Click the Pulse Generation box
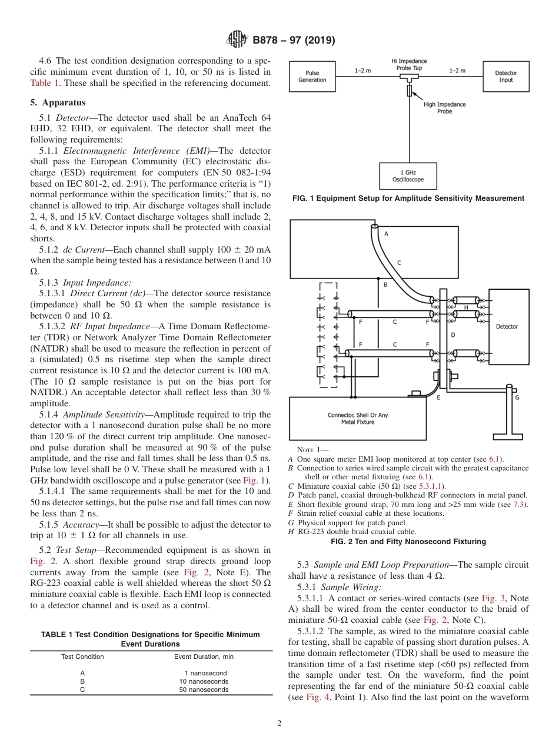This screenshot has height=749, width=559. tap(312, 77)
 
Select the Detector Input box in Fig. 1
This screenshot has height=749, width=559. tap(505, 77)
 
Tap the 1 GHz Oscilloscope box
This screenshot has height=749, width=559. tap(408, 176)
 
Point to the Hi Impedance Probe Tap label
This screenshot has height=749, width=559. tap(409, 65)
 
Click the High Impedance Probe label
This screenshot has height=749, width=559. tap(444, 108)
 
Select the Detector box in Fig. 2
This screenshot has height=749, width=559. tap(507, 326)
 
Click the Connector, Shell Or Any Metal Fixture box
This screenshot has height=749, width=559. tap(357, 419)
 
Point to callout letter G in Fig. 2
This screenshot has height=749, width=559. tap(517, 397)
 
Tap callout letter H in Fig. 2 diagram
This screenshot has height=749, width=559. tap(466, 307)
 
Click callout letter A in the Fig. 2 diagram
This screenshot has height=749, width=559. tap(386, 233)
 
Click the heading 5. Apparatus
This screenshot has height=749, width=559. tap(58, 102)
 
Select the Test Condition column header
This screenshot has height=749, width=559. tap(82, 657)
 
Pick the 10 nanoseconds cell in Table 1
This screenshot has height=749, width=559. tap(204, 681)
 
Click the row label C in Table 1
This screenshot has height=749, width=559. tap(82, 690)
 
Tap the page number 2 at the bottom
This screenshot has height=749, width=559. tap(279, 724)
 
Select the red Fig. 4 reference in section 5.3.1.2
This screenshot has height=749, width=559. tap(314, 697)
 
